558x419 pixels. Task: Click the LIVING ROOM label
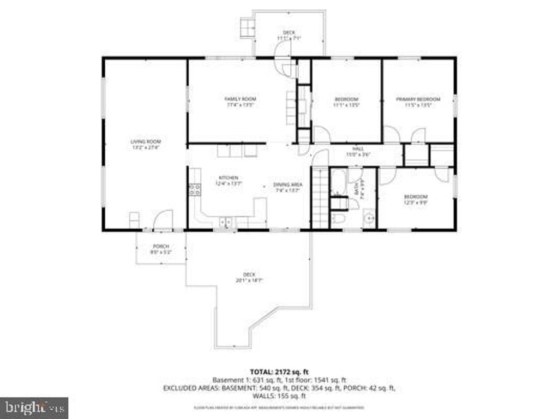tap(146, 141)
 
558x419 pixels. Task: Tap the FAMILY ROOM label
tap(241, 99)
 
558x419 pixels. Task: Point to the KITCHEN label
tap(229, 178)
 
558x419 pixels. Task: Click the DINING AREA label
tap(287, 184)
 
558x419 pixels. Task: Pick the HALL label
tap(358, 148)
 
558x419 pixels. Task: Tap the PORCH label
tap(160, 246)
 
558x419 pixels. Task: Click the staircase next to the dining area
tap(320, 199)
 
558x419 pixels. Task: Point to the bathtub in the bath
tap(338, 182)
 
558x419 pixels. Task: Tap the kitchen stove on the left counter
tap(194, 189)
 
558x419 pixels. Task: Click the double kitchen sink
tap(225, 222)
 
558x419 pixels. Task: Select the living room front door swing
tap(163, 219)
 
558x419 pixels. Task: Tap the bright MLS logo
tap(34, 407)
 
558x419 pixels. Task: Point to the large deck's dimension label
tap(249, 280)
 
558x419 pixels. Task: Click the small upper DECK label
tap(289, 33)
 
